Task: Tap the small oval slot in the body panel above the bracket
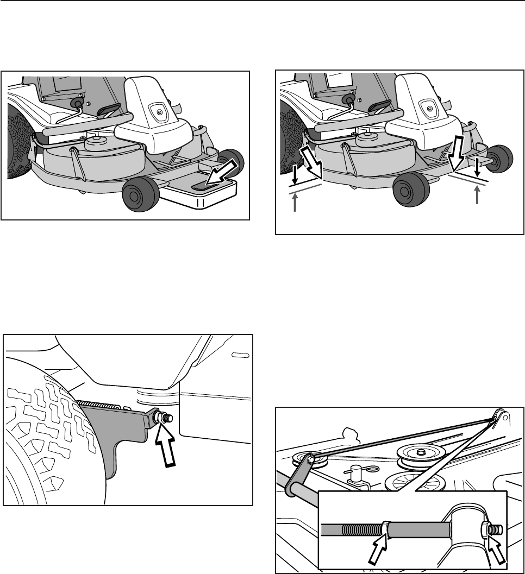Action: click(x=239, y=355)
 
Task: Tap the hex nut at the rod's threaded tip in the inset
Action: click(x=487, y=528)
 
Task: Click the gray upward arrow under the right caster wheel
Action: click(x=478, y=195)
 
